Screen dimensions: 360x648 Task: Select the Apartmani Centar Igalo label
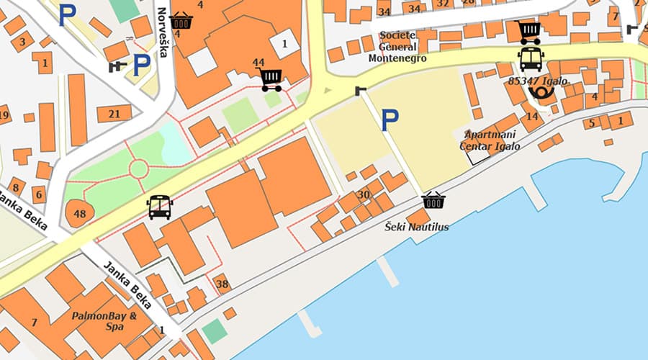pyautogui.click(x=490, y=140)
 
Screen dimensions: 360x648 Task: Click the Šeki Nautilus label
pyautogui.click(x=416, y=227)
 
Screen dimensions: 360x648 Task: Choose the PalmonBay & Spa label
pyautogui.click(x=104, y=320)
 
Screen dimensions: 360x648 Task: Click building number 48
pyautogui.click(x=79, y=213)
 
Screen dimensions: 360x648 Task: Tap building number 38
pyautogui.click(x=222, y=284)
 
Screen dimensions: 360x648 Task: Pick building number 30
pyautogui.click(x=364, y=194)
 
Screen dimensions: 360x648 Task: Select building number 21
pyautogui.click(x=114, y=114)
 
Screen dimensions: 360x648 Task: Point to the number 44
pyautogui.click(x=258, y=63)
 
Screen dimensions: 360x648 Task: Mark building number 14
pyautogui.click(x=532, y=116)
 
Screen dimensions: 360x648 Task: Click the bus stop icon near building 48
pyautogui.click(x=159, y=207)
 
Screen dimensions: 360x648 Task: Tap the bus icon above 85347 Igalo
pyautogui.click(x=531, y=59)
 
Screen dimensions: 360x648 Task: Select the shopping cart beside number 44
pyautogui.click(x=271, y=79)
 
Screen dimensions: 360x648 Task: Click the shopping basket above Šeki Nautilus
pyautogui.click(x=433, y=200)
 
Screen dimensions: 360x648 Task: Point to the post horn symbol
pyautogui.click(x=541, y=92)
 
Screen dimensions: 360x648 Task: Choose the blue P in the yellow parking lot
pyautogui.click(x=390, y=120)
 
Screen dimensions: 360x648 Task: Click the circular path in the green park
pyautogui.click(x=138, y=169)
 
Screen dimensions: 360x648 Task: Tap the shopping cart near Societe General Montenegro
pyautogui.click(x=528, y=32)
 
